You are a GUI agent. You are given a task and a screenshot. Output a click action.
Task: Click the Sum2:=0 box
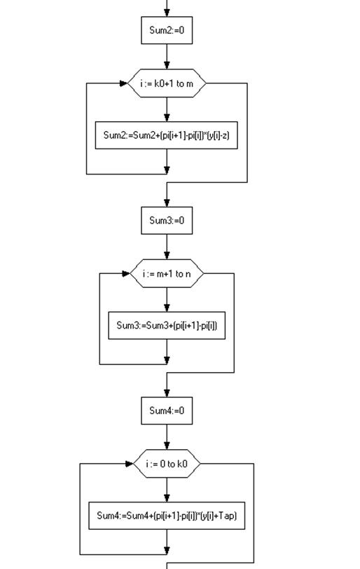click(167, 31)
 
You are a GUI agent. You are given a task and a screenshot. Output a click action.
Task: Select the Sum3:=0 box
click(167, 221)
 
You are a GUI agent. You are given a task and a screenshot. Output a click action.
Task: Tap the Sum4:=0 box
click(167, 411)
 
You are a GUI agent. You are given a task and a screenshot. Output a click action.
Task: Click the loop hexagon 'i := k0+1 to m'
click(167, 83)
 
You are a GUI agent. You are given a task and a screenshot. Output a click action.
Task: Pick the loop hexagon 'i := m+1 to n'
click(167, 273)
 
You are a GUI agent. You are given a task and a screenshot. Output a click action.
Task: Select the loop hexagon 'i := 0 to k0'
click(167, 464)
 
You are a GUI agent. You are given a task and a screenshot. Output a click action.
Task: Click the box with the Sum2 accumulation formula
click(167, 135)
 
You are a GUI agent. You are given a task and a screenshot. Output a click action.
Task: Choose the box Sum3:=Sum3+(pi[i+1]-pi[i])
click(167, 326)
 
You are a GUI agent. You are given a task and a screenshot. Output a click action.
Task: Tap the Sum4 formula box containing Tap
click(167, 516)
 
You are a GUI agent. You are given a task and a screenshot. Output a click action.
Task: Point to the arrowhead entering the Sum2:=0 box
click(167, 13)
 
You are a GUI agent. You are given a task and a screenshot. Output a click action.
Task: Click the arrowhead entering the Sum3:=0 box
click(167, 203)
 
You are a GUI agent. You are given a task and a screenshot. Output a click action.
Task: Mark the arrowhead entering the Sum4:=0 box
click(167, 393)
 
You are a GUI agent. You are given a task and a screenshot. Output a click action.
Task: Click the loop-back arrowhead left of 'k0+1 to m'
click(124, 83)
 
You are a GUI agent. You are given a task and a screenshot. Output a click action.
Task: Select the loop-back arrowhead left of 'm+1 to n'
click(126, 273)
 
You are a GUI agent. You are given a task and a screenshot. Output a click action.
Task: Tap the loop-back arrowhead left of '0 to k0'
click(130, 464)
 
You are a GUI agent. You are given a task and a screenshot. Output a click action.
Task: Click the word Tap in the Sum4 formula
click(227, 516)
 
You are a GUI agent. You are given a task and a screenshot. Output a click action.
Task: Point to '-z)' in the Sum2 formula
click(224, 136)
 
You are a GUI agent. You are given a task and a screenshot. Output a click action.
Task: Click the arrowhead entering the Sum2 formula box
click(167, 118)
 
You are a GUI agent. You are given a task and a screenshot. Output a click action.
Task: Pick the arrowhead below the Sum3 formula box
click(167, 360)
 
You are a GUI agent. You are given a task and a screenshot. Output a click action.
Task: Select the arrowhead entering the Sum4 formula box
click(167, 498)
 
